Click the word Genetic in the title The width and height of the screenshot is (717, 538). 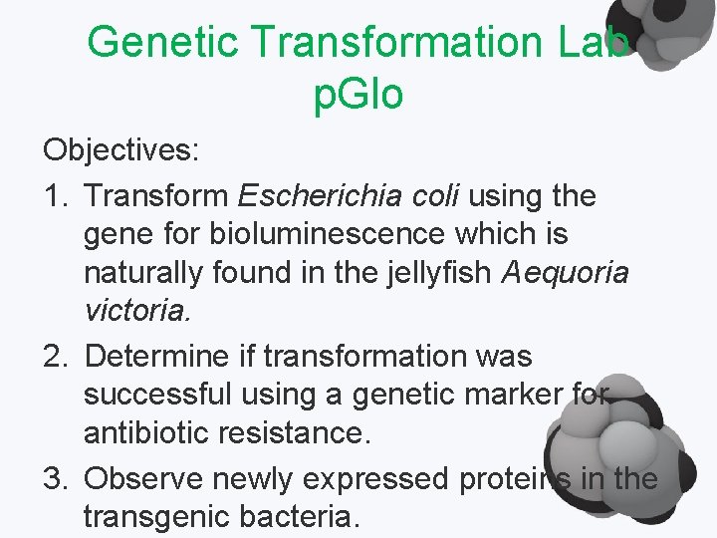pyautogui.click(x=162, y=42)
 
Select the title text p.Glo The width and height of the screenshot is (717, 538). pyautogui.click(x=358, y=95)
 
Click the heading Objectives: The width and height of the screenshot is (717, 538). pyautogui.click(x=121, y=151)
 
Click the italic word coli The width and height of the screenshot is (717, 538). pyautogui.click(x=432, y=195)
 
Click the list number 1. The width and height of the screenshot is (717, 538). pyautogui.click(x=56, y=195)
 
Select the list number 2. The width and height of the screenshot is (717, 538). pyautogui.click(x=56, y=356)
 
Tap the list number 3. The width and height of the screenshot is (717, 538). pyautogui.click(x=56, y=479)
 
